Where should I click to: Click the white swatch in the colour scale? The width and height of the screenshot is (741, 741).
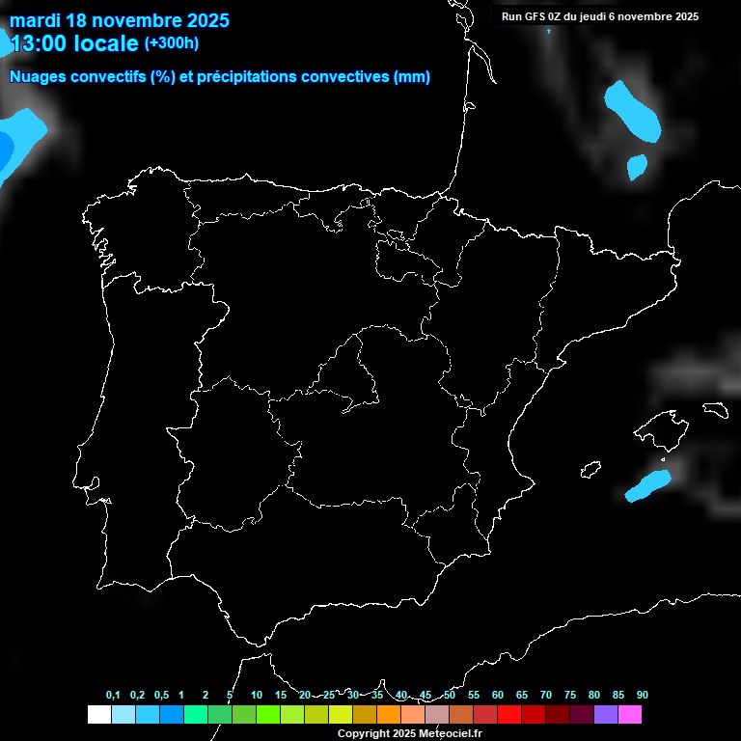98,714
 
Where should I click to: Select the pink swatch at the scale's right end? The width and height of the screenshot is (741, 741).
630,714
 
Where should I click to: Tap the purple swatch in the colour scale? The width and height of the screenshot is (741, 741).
606,714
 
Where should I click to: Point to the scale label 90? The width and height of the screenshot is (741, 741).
643,695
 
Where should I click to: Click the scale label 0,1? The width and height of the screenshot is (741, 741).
113,695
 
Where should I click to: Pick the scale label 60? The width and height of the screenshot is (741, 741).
498,695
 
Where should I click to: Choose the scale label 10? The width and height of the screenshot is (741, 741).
257,695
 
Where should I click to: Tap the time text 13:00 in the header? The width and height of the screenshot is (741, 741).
39,42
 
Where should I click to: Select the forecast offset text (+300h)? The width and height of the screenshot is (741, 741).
171,42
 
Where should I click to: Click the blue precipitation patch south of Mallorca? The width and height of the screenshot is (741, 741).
646,486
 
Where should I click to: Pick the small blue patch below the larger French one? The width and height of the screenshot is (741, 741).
637,167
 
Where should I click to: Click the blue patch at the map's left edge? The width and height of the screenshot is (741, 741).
17,140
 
